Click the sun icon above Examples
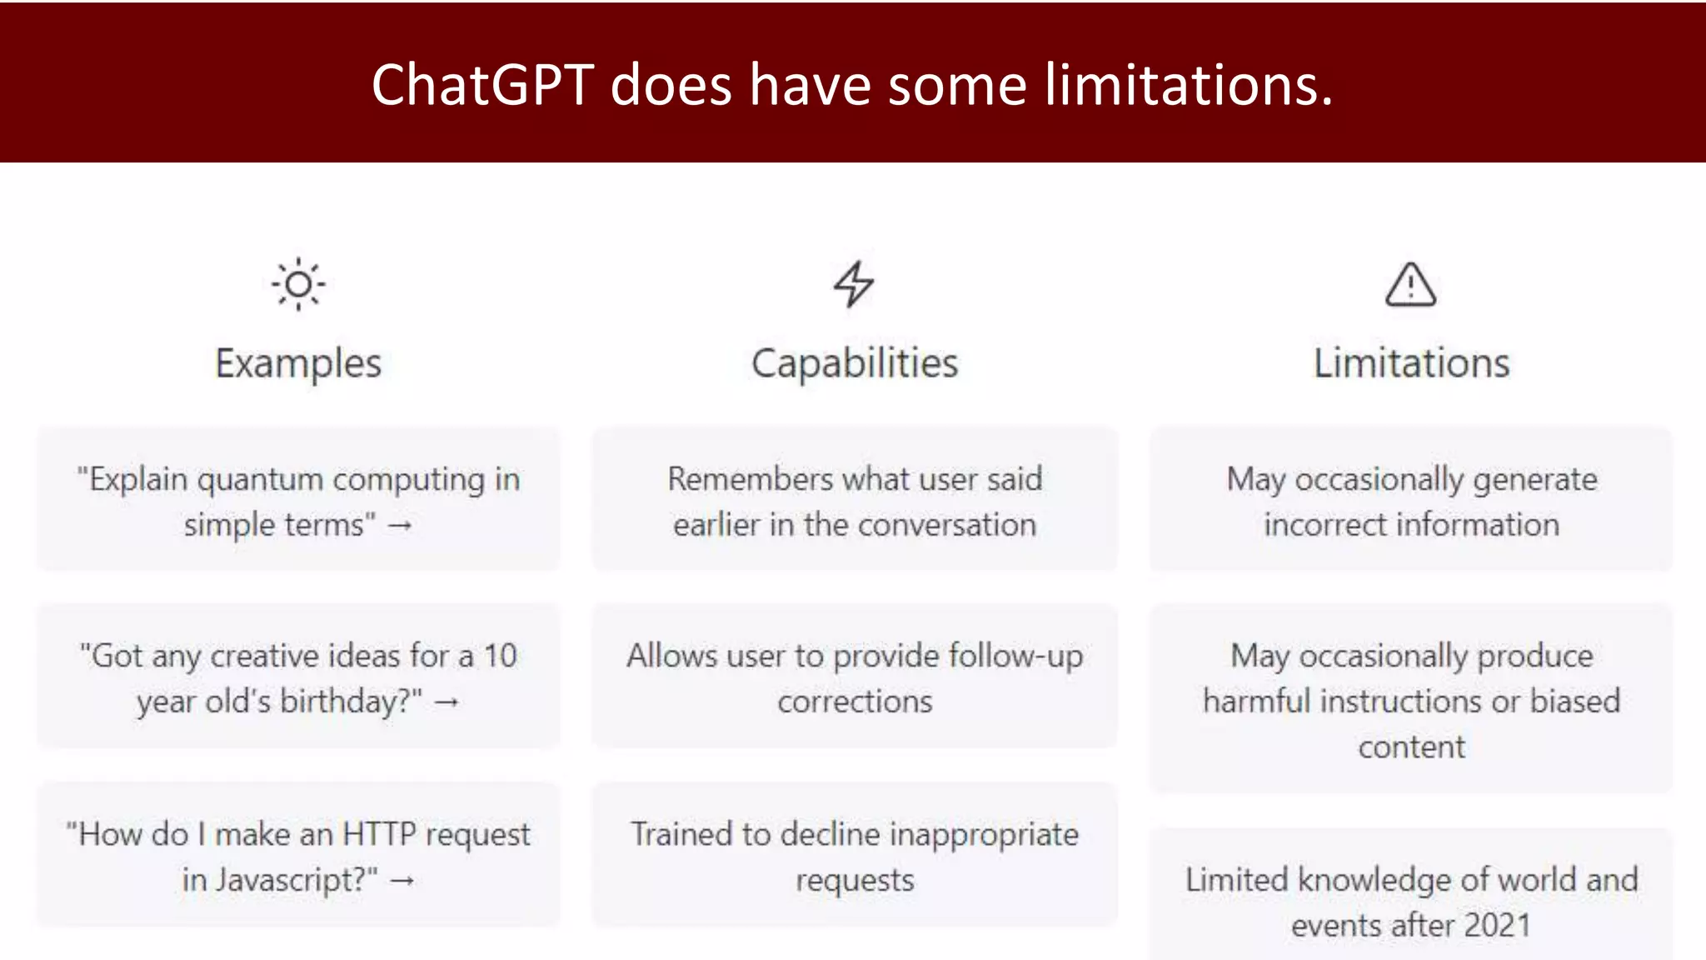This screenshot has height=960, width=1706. click(x=298, y=285)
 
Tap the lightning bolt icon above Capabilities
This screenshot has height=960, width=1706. click(x=854, y=284)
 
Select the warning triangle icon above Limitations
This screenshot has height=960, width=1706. click(x=1410, y=285)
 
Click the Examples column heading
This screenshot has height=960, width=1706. click(x=298, y=363)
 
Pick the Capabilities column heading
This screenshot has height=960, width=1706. click(x=855, y=363)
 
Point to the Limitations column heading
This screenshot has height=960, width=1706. click(x=1411, y=363)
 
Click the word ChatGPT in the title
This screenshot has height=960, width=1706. click(x=482, y=85)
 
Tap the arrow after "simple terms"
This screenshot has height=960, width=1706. click(x=400, y=526)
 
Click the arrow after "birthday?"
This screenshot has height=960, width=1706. click(x=446, y=702)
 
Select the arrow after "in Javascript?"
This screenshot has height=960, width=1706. click(x=402, y=881)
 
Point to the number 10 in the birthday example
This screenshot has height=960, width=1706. click(x=501, y=657)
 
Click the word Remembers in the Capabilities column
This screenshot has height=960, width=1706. click(x=750, y=479)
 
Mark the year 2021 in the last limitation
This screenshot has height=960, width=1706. click(x=1497, y=925)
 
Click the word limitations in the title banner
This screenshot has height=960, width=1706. click(x=1188, y=85)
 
